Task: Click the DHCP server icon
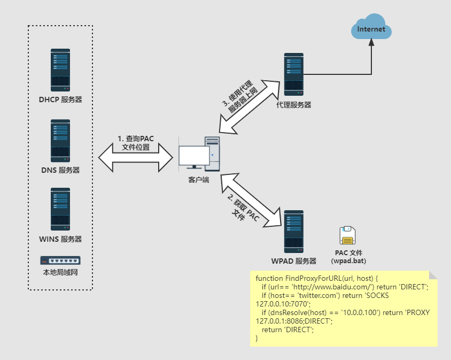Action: (60, 70)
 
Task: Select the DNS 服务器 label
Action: (60, 170)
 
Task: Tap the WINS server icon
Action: (60, 209)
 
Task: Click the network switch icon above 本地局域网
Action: (60, 261)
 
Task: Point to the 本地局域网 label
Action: (60, 272)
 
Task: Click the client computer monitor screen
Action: (194, 156)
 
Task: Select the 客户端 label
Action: (198, 180)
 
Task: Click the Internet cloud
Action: (371, 27)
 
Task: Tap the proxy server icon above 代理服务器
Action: (294, 74)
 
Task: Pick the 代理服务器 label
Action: (294, 105)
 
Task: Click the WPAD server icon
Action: (294, 232)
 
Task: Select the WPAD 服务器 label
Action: (294, 261)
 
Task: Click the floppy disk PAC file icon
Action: (347, 235)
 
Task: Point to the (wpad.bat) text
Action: (348, 261)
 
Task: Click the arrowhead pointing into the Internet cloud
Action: (371, 42)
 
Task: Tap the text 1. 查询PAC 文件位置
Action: (136, 143)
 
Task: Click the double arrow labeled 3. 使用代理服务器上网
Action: (250, 107)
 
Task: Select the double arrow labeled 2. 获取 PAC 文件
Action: (251, 201)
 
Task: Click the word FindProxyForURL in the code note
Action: (313, 278)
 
